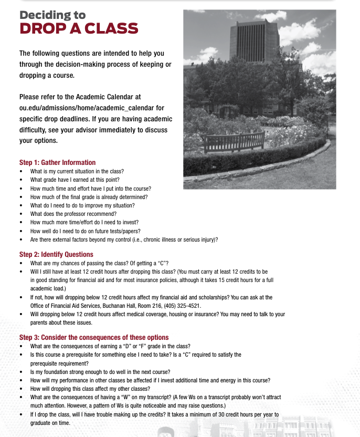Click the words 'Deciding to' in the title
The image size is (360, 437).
tap(52, 15)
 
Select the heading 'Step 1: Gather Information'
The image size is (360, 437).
tap(57, 162)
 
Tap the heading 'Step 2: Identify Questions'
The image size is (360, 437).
tap(56, 254)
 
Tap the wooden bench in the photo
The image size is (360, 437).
tap(234, 141)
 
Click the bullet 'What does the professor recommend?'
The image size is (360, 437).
tap(73, 214)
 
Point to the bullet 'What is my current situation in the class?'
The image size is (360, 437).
tap(77, 171)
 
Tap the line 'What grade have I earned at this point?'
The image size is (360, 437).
tap(75, 180)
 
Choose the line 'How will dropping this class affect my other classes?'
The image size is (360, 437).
tap(90, 389)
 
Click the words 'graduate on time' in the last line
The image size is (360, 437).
tap(50, 423)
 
